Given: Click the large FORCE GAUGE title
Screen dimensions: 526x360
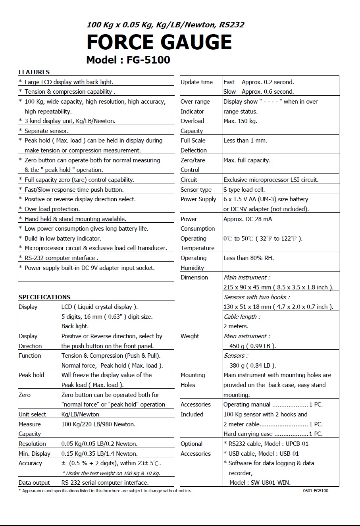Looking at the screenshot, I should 159,42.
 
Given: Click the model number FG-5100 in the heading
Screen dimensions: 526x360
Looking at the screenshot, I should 148,60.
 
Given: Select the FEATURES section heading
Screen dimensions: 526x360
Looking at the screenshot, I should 34,72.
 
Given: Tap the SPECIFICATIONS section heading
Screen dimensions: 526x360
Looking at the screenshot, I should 44,297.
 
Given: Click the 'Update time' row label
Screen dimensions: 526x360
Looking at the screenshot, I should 196,82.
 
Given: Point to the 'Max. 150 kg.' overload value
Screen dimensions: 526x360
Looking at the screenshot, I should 240,121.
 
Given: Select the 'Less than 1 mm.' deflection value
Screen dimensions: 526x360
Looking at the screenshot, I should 245,141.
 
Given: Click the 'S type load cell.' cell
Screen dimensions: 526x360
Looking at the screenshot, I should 244,190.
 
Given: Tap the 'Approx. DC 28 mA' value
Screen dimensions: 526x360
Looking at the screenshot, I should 248,219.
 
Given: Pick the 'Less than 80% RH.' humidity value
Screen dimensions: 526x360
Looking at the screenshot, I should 248,258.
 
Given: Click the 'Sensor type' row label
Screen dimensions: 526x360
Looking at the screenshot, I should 196,190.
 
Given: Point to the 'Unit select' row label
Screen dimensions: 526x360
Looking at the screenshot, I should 33,414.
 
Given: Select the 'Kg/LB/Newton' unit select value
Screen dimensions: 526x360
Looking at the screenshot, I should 80,414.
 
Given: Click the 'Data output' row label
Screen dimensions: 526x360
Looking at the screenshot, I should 34,483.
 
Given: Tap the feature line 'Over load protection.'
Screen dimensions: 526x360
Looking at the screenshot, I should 52,209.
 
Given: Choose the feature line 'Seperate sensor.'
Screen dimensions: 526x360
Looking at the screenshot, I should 46,131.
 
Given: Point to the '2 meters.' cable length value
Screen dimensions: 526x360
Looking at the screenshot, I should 236,326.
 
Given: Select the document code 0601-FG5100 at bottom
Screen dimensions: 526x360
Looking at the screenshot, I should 315,491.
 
